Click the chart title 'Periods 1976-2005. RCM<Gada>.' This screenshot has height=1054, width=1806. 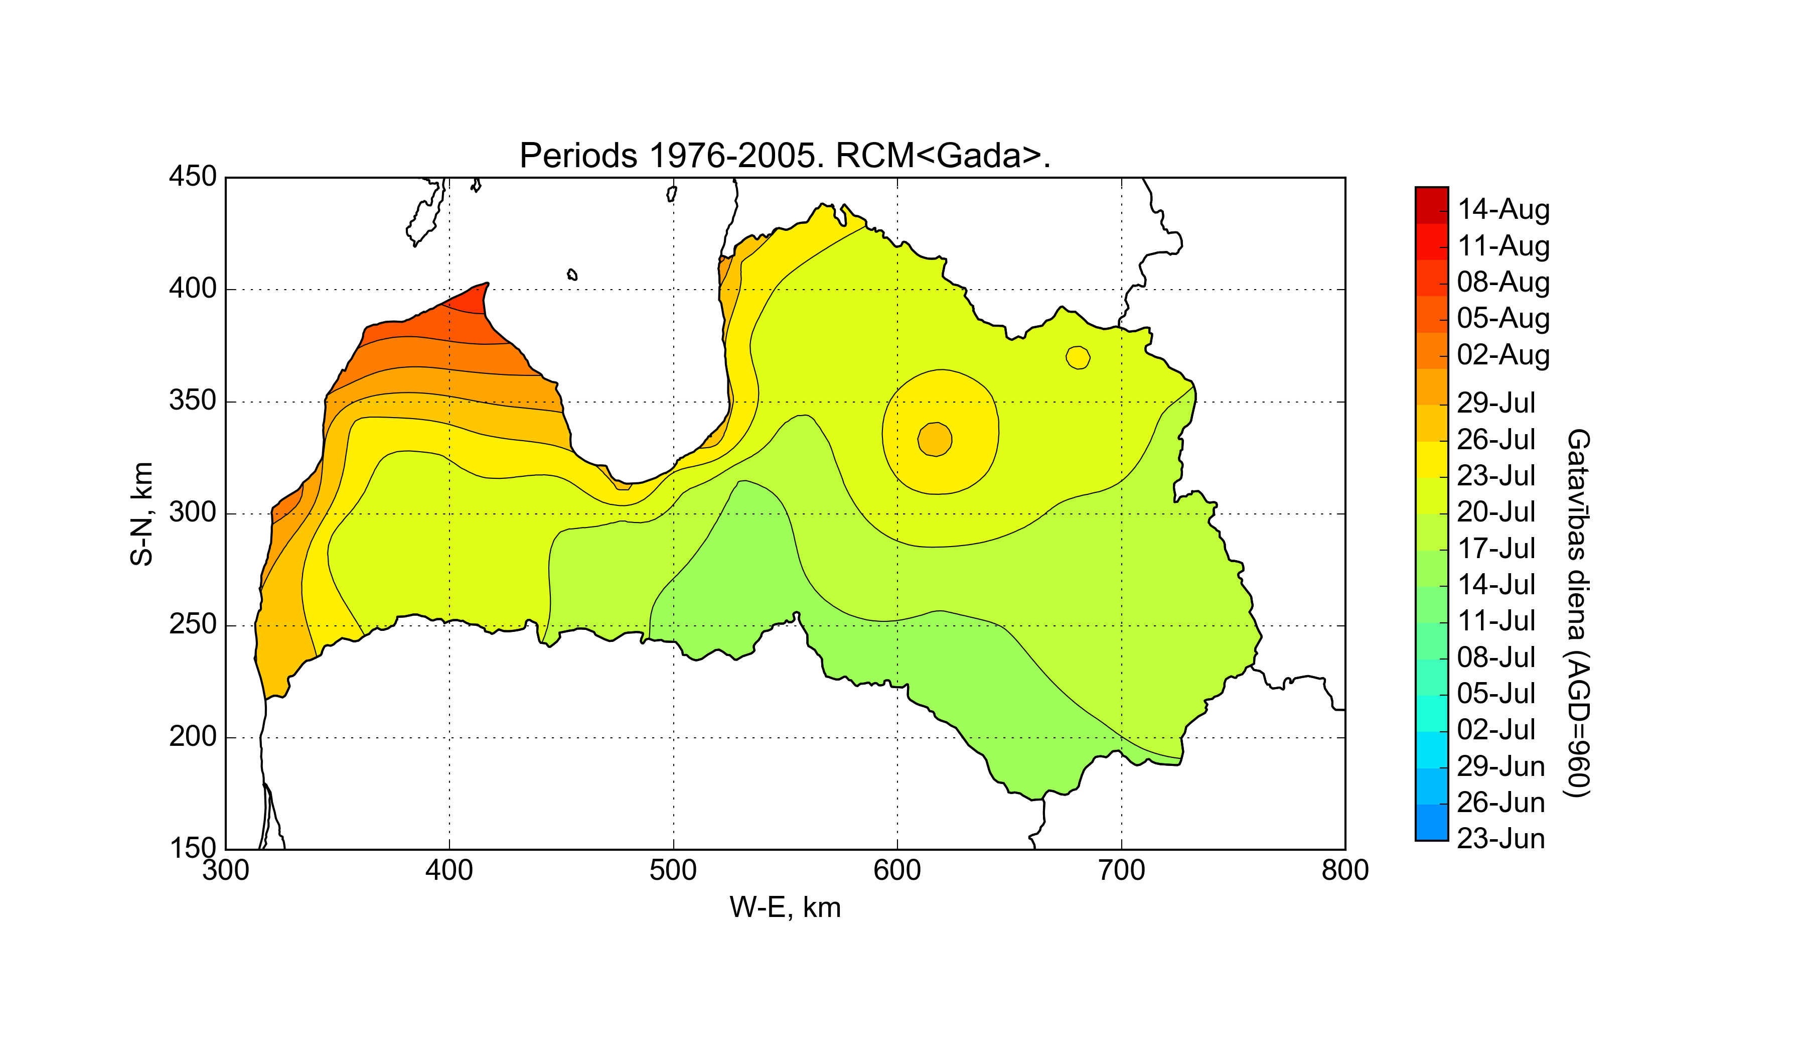coord(785,156)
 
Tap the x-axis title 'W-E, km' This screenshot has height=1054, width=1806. coord(785,908)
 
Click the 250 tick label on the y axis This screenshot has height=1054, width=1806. coord(192,624)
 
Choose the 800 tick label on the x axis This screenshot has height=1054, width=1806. coord(1344,870)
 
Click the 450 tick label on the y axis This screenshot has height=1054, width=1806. coord(192,176)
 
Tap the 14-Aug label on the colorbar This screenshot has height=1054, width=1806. coord(1503,209)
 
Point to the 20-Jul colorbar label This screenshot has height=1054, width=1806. coord(1496,512)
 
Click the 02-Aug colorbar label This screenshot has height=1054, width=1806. coord(1503,355)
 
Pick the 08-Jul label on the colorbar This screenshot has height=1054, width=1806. coord(1496,657)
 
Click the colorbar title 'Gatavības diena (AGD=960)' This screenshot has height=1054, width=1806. coord(1578,613)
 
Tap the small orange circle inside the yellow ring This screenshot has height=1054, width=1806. coord(935,439)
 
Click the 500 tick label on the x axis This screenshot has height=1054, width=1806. coord(673,870)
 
